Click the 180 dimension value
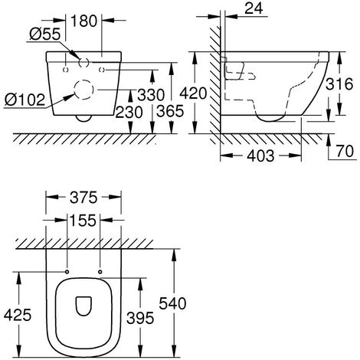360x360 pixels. (84, 21)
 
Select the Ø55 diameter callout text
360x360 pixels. (45, 34)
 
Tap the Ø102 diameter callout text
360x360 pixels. (25, 100)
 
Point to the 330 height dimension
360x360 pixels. (151, 95)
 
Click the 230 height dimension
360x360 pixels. (129, 113)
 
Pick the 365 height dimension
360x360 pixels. (170, 111)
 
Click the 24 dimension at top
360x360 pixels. (254, 8)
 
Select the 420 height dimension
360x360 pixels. (193, 93)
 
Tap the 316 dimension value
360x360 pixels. (339, 83)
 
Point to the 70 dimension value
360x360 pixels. (345, 151)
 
